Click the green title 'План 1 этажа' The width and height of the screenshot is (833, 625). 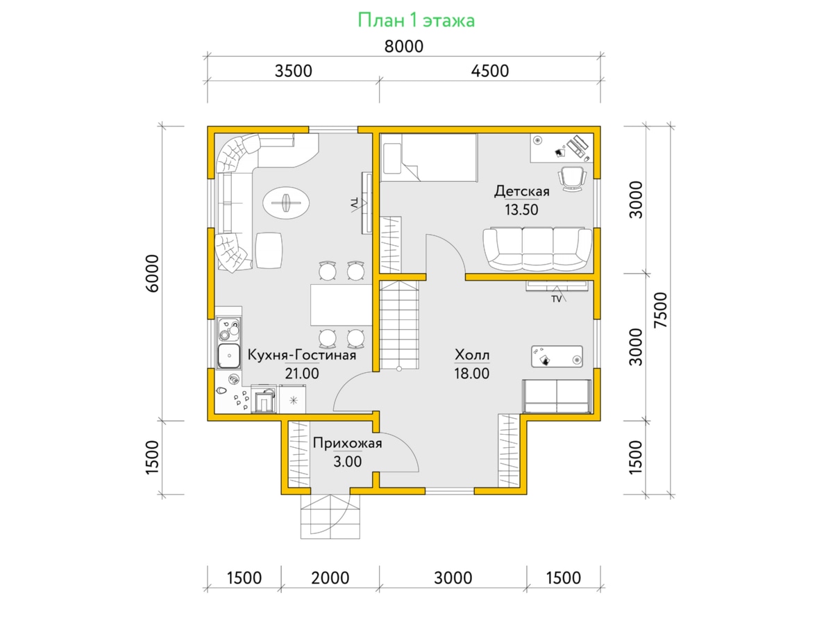416,21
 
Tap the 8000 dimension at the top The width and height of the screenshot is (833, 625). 404,47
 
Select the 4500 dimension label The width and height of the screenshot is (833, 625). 489,71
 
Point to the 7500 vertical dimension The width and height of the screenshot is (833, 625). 660,310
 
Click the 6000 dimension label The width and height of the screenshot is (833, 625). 153,273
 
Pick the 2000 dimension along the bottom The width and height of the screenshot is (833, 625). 330,578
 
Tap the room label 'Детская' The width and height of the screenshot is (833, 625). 522,191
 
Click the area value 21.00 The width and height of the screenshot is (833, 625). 302,374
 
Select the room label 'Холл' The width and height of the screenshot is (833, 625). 472,355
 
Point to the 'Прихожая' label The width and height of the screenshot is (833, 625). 347,443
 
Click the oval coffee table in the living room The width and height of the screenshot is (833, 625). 286,203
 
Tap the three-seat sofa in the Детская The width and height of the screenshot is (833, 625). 537,249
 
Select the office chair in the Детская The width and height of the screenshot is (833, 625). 572,178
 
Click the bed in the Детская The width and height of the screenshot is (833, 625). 429,158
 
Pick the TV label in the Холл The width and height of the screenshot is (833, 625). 556,299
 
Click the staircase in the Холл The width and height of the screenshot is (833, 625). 399,325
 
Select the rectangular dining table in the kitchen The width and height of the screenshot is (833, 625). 341,305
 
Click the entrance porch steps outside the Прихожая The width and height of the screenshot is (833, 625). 330,516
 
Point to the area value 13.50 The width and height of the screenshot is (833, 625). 521,210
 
